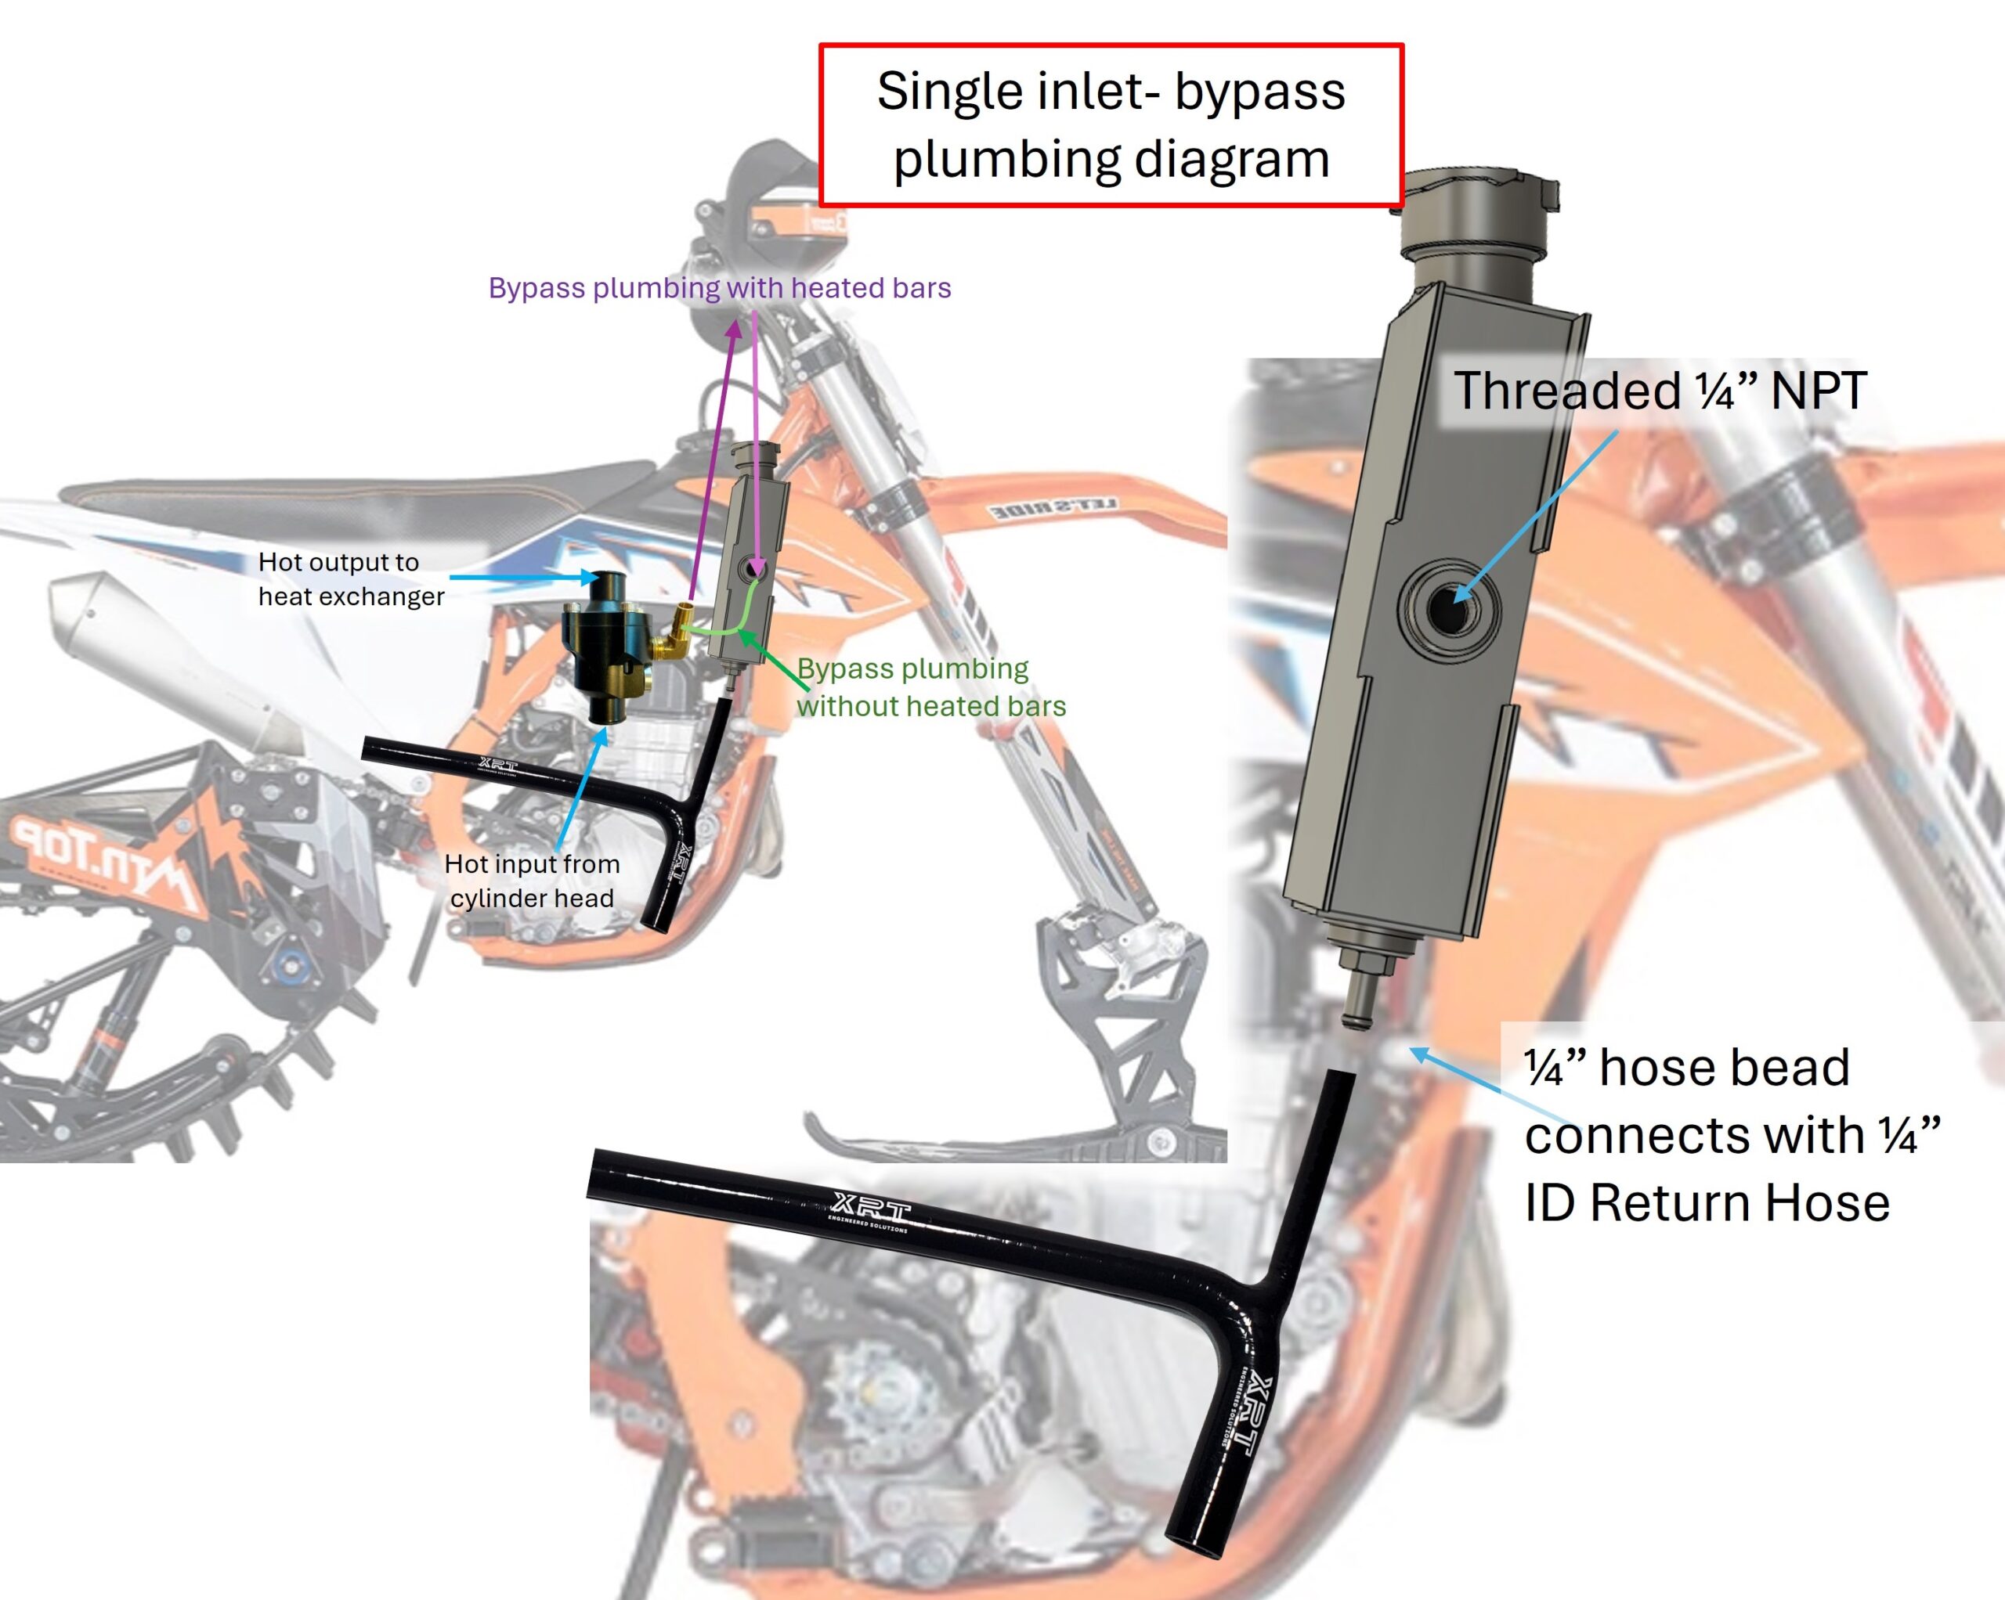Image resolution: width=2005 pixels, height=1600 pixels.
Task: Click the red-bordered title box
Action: (x=1111, y=124)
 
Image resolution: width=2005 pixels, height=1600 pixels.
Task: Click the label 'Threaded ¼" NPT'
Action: (x=1659, y=391)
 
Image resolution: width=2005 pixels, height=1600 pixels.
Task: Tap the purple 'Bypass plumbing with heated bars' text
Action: (x=719, y=288)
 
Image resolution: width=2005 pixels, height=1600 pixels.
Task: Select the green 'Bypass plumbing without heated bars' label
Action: (x=930, y=687)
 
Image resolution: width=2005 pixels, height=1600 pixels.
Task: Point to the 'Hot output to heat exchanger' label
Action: (x=351, y=578)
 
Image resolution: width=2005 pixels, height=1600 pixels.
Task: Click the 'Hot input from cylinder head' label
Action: (x=532, y=881)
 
